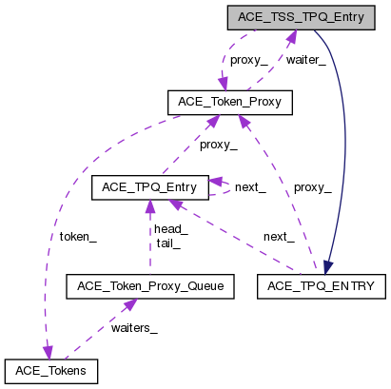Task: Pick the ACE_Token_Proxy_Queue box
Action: [x=148, y=285]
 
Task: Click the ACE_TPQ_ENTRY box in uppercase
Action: [x=323, y=284]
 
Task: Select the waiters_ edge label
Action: [x=134, y=329]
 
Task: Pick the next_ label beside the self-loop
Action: [x=249, y=187]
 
